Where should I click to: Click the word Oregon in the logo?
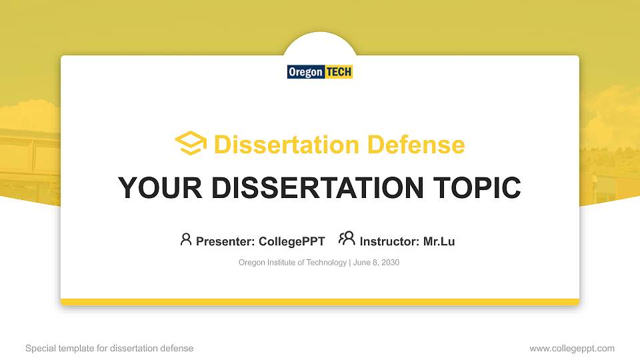(305, 72)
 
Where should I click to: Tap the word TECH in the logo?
(339, 72)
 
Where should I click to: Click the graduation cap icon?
(191, 144)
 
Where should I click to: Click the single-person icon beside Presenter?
(186, 239)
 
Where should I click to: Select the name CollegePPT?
(291, 241)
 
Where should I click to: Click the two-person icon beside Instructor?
(347, 239)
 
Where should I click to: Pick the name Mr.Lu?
(439, 241)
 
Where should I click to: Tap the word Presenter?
(225, 241)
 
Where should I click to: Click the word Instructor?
(389, 241)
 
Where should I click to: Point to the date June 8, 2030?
(376, 263)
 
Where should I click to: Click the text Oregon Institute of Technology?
(292, 263)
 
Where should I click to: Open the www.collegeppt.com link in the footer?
(571, 348)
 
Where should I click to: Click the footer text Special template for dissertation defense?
(109, 348)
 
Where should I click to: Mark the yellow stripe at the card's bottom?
(319, 302)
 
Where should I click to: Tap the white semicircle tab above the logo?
(320, 45)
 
